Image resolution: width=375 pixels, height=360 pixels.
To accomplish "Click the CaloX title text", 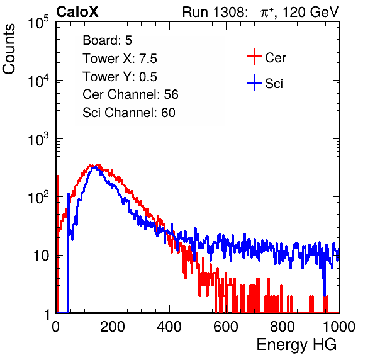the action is (77, 12).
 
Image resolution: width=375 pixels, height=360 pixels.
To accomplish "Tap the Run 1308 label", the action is (215, 12).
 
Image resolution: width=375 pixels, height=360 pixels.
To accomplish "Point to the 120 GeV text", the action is (311, 12).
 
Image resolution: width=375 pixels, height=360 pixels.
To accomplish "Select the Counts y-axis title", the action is (9, 49).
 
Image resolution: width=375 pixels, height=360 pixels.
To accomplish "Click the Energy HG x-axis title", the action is (296, 345).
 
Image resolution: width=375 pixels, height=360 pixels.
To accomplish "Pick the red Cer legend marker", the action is (254, 57).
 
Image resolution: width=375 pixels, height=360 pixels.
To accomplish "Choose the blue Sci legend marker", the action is (254, 82).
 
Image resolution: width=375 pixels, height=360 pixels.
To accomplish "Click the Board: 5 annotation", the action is (108, 40).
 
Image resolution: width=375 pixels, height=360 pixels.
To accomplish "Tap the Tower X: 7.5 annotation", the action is (120, 59).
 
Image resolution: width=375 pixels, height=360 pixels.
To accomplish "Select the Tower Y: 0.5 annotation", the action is (120, 77).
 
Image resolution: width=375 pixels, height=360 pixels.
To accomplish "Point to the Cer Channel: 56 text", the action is (130, 94).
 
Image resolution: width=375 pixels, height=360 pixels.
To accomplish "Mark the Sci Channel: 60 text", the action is (129, 113).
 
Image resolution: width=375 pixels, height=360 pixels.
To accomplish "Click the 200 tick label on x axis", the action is (113, 327).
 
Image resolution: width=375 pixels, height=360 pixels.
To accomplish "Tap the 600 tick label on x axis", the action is (226, 327).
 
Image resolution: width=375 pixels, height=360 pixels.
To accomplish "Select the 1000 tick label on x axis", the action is (339, 327).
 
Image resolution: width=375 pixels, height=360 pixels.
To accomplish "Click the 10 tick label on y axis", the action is (42, 256).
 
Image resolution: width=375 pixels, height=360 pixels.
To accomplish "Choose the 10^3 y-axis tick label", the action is (38, 139).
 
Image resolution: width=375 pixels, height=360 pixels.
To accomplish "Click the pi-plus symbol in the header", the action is (267, 13).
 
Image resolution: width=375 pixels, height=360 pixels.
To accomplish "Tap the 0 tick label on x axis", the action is (56, 327).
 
